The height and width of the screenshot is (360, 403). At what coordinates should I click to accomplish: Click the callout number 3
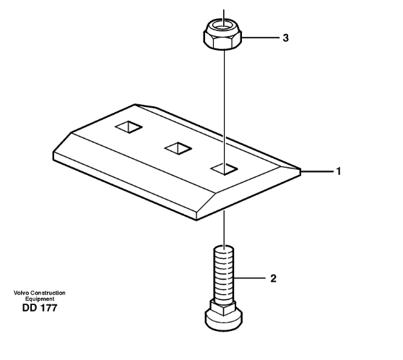285,38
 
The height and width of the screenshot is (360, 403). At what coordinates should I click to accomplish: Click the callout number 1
339,171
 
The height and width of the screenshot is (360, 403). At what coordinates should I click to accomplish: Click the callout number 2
273,278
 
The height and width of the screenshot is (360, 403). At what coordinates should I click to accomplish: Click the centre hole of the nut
223,26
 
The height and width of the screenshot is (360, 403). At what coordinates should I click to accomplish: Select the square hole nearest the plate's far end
129,127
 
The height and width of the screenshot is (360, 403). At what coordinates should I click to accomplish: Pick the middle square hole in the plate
178,148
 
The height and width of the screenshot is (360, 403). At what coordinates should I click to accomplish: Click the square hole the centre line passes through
224,169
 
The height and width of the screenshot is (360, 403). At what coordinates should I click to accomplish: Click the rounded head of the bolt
224,320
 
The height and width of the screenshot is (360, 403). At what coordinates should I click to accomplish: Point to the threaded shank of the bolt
224,274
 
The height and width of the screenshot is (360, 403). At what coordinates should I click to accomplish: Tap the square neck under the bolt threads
223,307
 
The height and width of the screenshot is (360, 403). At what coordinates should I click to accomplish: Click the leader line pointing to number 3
261,38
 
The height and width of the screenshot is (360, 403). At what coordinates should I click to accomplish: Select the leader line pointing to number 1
317,171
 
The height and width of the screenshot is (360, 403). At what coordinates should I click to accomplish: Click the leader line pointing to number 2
250,278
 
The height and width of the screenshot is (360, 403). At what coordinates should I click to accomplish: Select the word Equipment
40,299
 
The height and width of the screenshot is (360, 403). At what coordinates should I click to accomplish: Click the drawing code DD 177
40,308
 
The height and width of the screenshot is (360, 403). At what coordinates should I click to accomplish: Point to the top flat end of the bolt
224,248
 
